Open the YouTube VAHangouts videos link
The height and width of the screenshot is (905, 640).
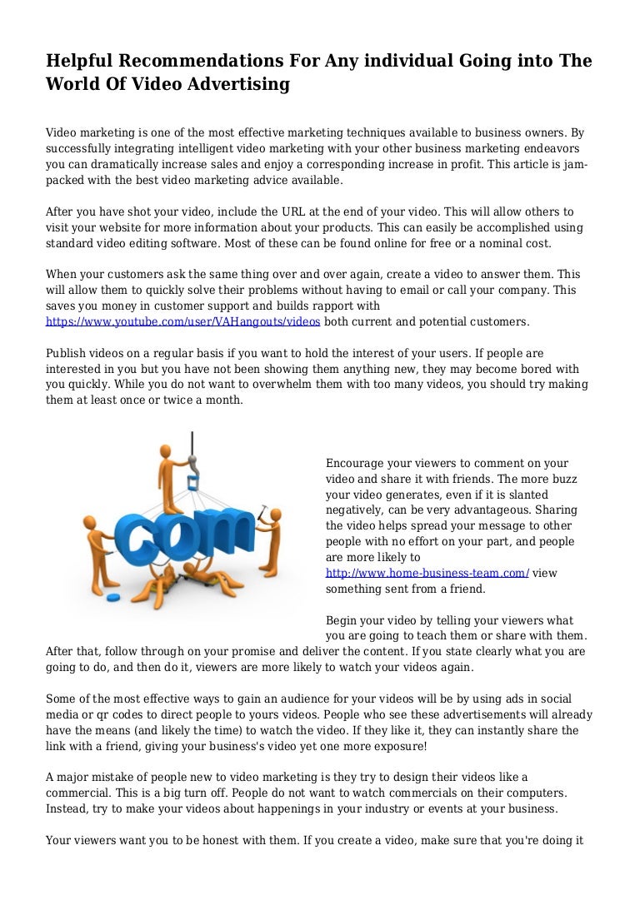coord(182,321)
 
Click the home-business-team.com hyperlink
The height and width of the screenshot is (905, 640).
coord(427,573)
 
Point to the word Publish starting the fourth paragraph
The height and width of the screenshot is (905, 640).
coord(67,353)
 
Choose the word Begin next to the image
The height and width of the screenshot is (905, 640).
coord(342,620)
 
